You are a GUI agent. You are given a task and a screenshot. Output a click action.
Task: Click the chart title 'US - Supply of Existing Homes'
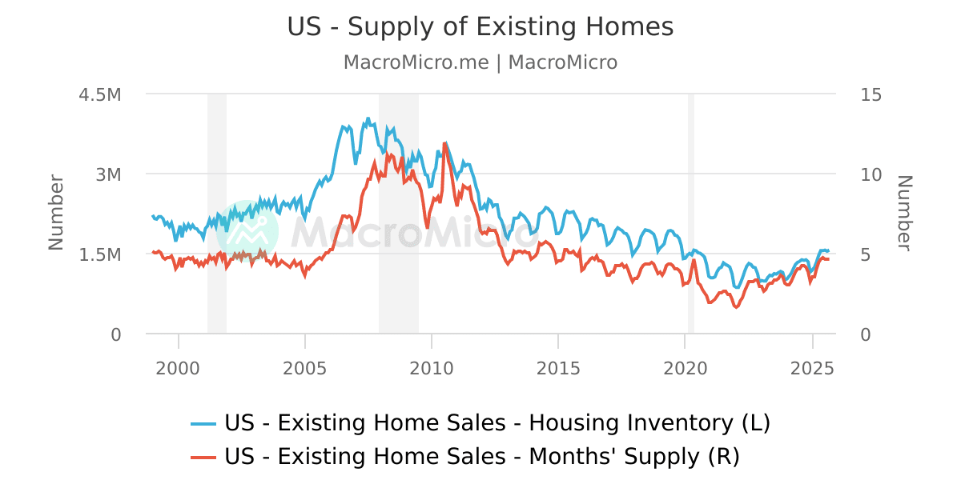pyautogui.click(x=480, y=27)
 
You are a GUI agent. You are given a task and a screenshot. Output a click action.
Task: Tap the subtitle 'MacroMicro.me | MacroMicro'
pyautogui.click(x=480, y=62)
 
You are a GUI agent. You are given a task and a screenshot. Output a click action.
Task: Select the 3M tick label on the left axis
pyautogui.click(x=108, y=174)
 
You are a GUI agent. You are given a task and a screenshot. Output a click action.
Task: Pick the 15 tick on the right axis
pyautogui.click(x=871, y=94)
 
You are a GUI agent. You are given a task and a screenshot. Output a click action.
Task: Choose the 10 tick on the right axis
pyautogui.click(x=871, y=174)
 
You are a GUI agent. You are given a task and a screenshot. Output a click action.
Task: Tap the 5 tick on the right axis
pyautogui.click(x=866, y=254)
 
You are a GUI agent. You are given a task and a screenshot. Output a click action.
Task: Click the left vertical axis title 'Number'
pyautogui.click(x=56, y=213)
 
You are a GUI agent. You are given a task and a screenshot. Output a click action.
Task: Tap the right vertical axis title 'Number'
pyautogui.click(x=904, y=213)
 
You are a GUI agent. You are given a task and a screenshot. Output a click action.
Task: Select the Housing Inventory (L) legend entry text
pyautogui.click(x=497, y=422)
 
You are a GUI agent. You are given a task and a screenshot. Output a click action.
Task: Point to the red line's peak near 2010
pyautogui.click(x=444, y=143)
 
